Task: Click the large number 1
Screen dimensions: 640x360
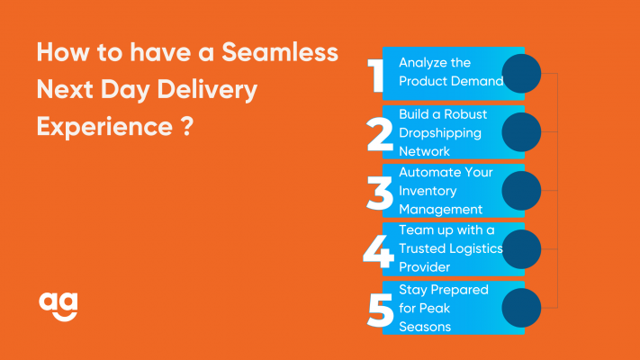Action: (x=375, y=75)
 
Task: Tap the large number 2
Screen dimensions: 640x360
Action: (x=380, y=134)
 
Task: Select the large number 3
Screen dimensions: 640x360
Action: (x=380, y=193)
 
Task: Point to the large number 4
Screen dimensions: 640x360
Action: (x=379, y=251)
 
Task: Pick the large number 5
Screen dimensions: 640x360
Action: (x=381, y=310)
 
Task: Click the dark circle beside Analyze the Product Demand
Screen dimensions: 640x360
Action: (x=521, y=74)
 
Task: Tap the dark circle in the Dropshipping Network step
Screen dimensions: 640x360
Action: (x=521, y=132)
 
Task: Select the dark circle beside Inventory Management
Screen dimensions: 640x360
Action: (x=521, y=191)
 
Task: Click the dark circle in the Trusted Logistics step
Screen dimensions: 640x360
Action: (x=521, y=249)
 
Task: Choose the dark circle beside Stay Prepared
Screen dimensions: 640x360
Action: (x=521, y=308)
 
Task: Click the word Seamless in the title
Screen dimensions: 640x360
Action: (x=280, y=52)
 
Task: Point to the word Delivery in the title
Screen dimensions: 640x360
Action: (x=207, y=90)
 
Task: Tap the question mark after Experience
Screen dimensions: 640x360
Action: (x=186, y=126)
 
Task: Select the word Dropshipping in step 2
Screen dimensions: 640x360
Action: (x=440, y=133)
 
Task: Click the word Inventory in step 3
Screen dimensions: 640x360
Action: (x=428, y=192)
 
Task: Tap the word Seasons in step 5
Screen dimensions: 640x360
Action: (x=425, y=327)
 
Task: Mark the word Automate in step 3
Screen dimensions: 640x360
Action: (x=426, y=172)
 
